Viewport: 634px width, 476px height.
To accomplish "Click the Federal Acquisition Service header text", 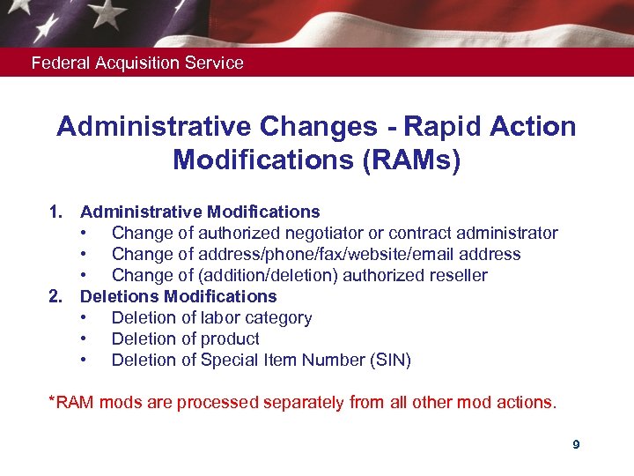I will [137, 63].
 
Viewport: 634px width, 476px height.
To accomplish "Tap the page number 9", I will [576, 445].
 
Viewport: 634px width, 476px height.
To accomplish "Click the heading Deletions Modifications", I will [179, 296].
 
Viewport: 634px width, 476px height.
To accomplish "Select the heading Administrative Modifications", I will [200, 212].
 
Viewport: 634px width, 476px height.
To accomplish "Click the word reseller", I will [455, 275].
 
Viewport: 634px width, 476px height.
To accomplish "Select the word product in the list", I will [229, 338].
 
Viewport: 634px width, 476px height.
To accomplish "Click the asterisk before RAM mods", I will [52, 401].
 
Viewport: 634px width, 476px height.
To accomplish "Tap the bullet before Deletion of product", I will [83, 338].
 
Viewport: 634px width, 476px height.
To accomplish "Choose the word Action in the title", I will [534, 127].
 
